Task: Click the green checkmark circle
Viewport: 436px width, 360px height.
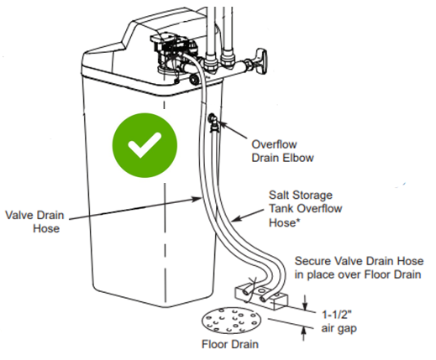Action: click(x=144, y=145)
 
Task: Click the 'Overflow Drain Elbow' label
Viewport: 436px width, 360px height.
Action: click(x=282, y=151)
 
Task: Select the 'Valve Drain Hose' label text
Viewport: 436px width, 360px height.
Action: click(x=34, y=222)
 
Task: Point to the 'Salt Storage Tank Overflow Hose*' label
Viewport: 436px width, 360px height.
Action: click(x=305, y=209)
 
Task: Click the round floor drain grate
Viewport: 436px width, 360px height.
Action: click(x=231, y=321)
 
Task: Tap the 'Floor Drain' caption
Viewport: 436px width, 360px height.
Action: click(x=230, y=344)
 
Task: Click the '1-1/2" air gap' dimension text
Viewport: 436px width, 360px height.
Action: click(x=339, y=321)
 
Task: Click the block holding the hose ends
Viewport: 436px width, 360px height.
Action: click(x=260, y=296)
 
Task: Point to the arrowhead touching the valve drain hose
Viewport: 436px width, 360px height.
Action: click(x=197, y=199)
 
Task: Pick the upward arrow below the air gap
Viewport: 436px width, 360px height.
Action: click(x=303, y=334)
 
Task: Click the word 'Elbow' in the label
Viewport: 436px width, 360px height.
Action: click(x=297, y=158)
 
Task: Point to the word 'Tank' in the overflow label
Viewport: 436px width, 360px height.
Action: click(x=281, y=209)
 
